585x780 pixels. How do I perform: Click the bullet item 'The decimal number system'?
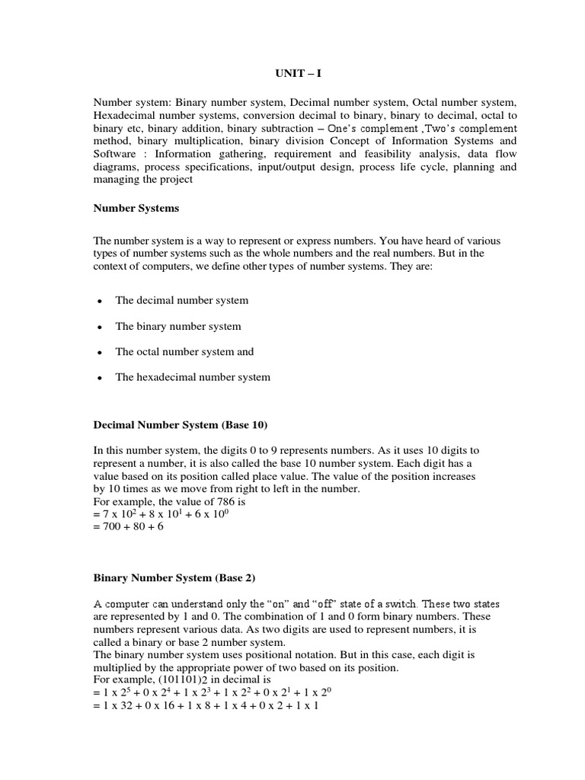[181, 300]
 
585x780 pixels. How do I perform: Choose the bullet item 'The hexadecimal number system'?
[193, 377]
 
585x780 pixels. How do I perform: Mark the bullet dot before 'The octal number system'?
[99, 353]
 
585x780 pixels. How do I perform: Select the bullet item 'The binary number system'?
[178, 326]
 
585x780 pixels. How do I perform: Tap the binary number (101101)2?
[181, 679]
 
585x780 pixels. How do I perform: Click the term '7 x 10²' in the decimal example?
[119, 513]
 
